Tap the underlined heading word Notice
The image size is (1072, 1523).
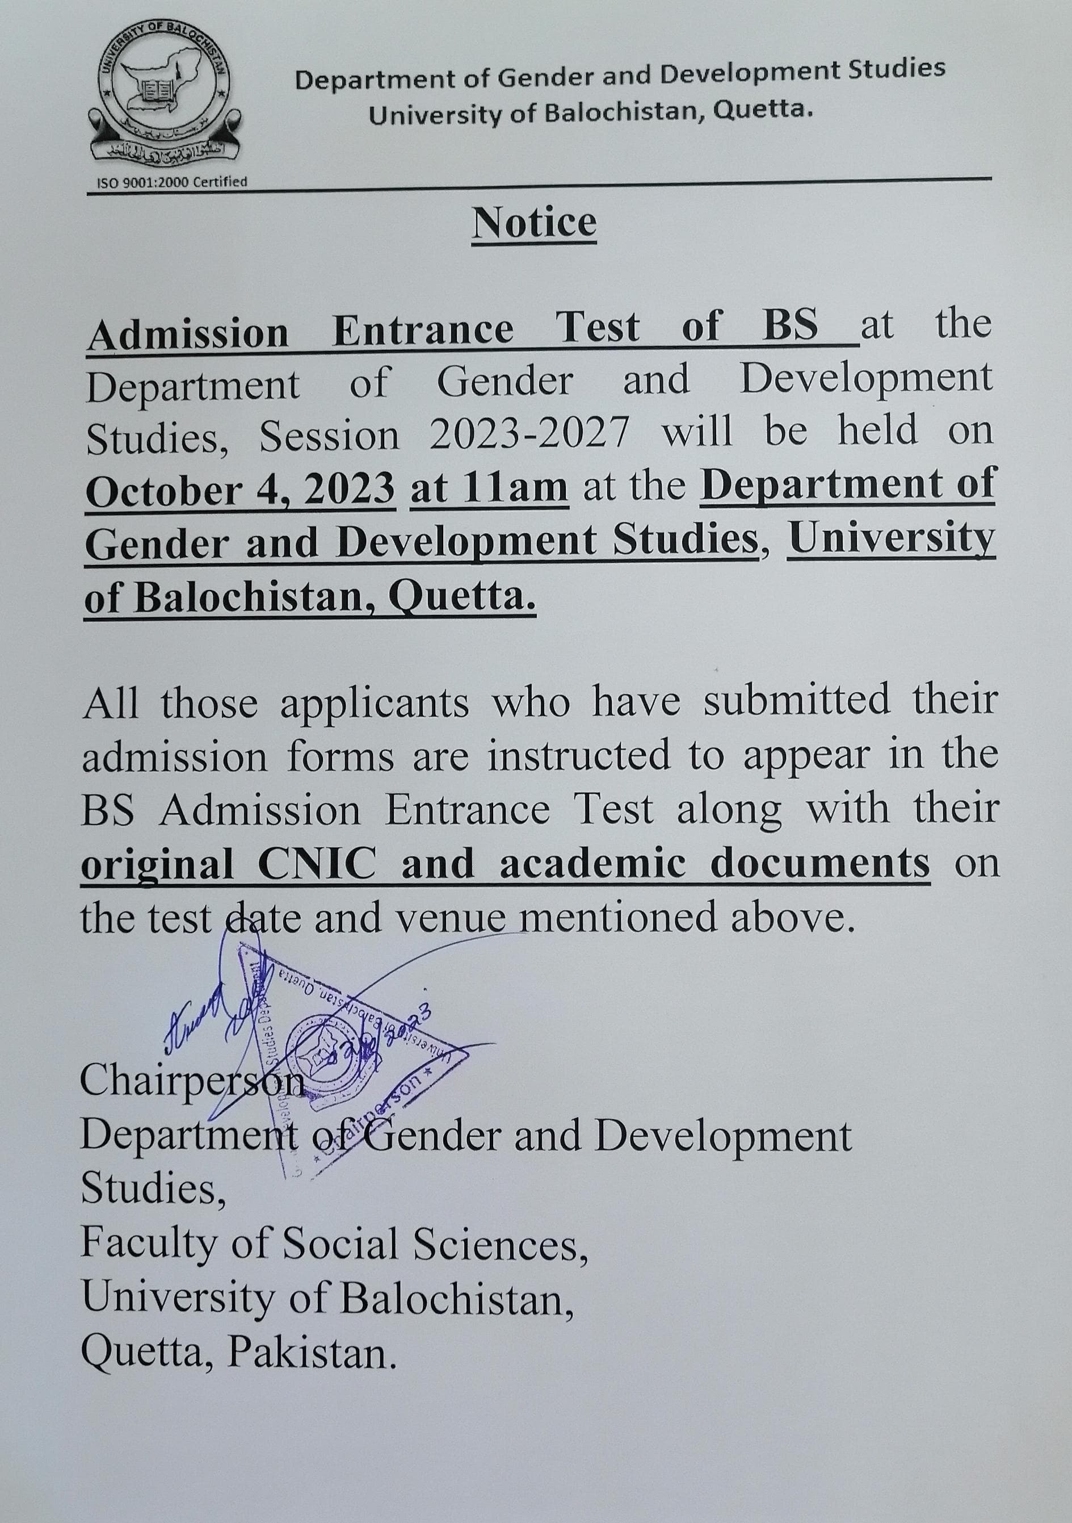pyautogui.click(x=535, y=223)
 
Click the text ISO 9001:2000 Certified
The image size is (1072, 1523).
pyautogui.click(x=173, y=181)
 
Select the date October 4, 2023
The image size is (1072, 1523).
pyautogui.click(x=241, y=490)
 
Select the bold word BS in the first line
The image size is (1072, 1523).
pyautogui.click(x=791, y=327)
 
